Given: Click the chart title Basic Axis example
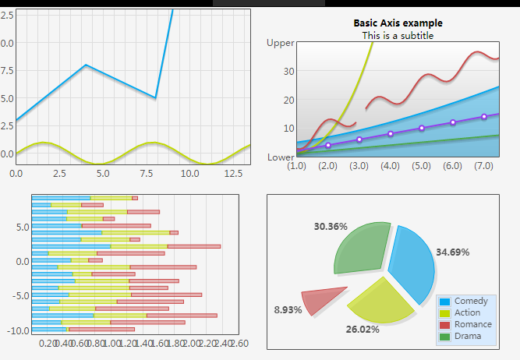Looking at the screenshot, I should tap(398, 23).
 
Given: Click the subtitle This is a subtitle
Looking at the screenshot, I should tap(398, 35).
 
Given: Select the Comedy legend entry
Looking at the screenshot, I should tap(470, 301).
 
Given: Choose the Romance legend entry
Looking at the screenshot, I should tap(472, 324).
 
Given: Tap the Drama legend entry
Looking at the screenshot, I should tap(468, 336).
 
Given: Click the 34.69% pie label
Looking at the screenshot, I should tap(453, 252).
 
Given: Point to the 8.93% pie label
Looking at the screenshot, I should tap(288, 309).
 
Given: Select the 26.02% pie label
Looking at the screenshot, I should tap(363, 330).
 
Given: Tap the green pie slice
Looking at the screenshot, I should tap(361, 249).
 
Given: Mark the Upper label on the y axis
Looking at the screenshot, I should tap(281, 44).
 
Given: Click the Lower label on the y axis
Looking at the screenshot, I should tap(281, 157).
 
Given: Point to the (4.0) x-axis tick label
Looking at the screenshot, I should tap(391, 166).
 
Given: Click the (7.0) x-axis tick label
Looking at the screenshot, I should tap(484, 166).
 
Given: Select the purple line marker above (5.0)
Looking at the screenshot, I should tap(422, 128).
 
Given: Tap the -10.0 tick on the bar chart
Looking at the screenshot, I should tap(16, 330).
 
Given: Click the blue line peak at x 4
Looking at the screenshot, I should tap(86, 65).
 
